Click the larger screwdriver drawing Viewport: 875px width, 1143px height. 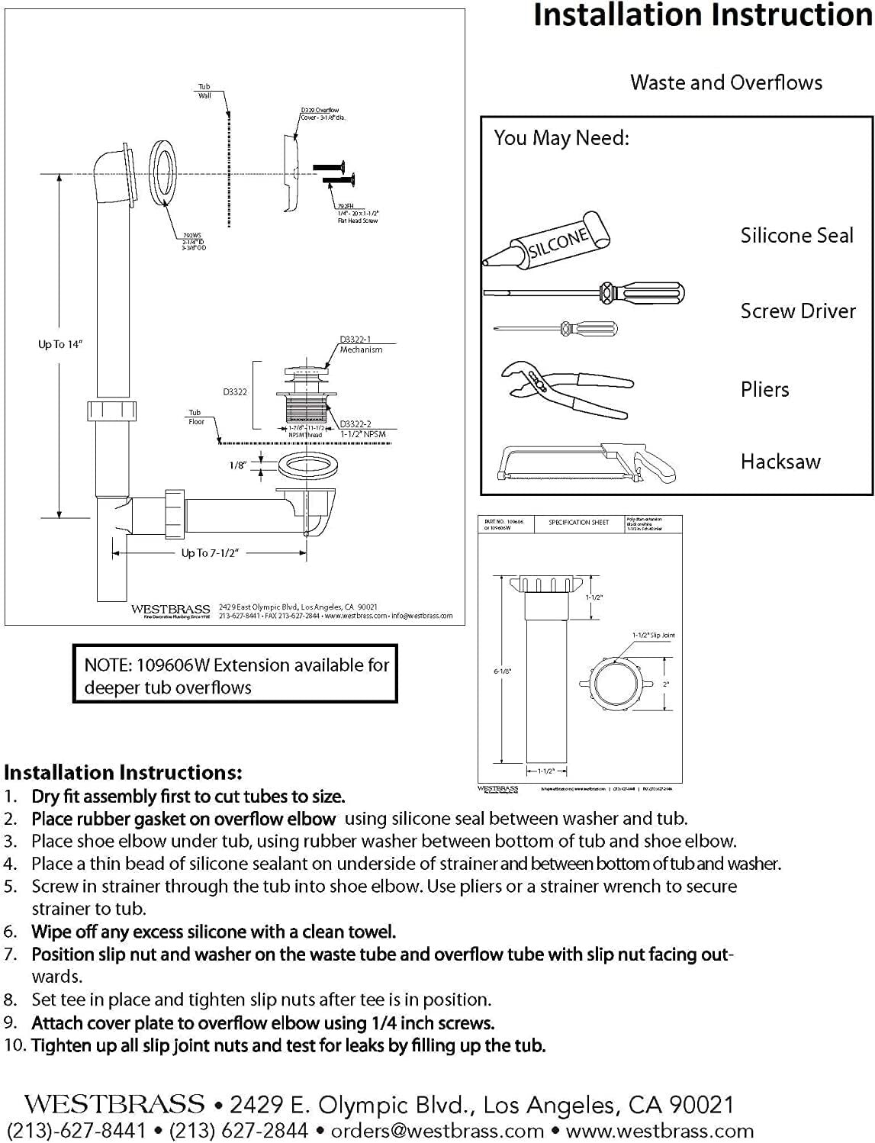click(x=584, y=293)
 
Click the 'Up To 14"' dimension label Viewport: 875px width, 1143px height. click(x=60, y=344)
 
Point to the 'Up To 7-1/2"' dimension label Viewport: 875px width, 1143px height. click(x=210, y=552)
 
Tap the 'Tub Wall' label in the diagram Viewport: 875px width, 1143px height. click(x=204, y=91)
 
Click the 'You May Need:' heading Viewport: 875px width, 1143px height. click(x=561, y=138)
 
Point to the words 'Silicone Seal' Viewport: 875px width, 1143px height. click(x=796, y=235)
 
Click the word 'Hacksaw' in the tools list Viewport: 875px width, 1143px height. click(x=780, y=461)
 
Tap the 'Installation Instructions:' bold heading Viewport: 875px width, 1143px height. click(x=123, y=772)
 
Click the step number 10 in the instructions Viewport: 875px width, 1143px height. click(x=14, y=1045)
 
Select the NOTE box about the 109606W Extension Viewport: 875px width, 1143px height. click(x=235, y=675)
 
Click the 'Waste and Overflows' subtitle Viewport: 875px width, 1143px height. click(x=725, y=82)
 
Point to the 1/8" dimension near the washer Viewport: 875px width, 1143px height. click(x=237, y=465)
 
